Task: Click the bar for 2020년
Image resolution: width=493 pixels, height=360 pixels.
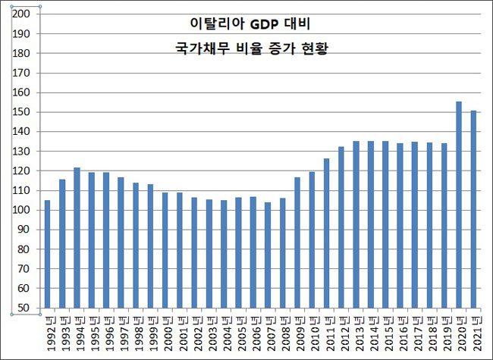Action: [459, 205]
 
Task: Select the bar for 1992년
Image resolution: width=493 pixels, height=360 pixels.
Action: [47, 254]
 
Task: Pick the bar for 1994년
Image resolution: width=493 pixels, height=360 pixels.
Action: [77, 238]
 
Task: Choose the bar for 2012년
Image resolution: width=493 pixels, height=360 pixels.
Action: [341, 227]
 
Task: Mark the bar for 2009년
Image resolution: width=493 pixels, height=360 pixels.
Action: [297, 243]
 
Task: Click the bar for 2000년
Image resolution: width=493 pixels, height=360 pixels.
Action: [165, 250]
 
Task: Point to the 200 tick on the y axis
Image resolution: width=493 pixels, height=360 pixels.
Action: [22, 14]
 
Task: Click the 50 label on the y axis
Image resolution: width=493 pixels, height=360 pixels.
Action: [25, 308]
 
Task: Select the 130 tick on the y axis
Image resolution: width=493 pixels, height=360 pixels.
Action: [22, 152]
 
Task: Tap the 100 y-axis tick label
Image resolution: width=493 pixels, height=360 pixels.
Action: [22, 211]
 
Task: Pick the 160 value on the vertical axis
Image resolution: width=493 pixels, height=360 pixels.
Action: [22, 93]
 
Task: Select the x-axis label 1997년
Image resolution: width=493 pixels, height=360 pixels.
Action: [121, 333]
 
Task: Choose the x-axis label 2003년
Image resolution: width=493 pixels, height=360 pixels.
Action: [210, 333]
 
